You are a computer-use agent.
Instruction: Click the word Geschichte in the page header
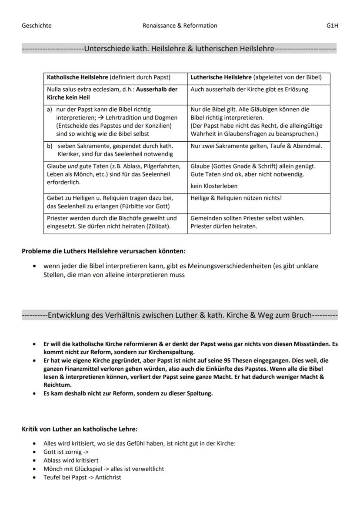[37, 26]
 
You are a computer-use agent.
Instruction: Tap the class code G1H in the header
[332, 26]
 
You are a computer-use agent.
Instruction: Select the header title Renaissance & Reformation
[180, 26]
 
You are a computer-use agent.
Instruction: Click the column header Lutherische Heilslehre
[221, 78]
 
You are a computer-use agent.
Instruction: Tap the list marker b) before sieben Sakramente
[50, 146]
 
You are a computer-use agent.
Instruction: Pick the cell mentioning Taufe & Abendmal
[256, 146]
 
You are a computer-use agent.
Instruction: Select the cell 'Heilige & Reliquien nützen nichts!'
[236, 198]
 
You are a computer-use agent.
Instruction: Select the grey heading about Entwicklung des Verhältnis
[180, 315]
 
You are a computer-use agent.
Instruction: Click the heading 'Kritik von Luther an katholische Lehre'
[80, 429]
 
